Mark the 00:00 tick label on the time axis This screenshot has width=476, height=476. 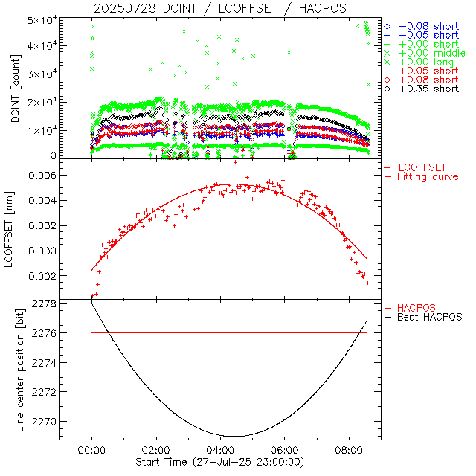point(91,450)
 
